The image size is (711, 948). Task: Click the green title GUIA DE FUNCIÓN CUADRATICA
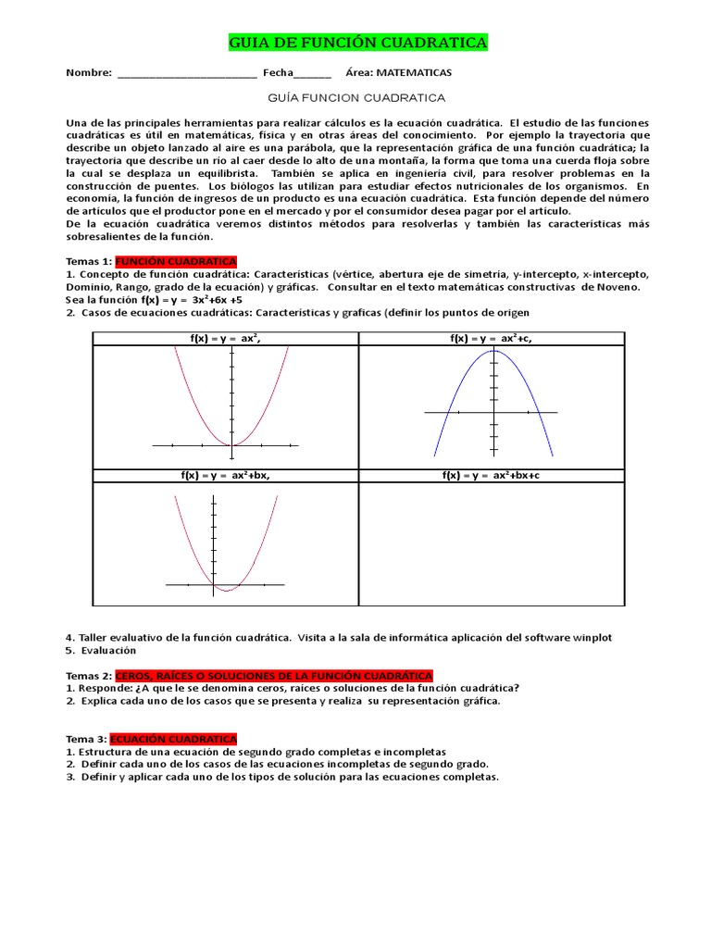click(357, 44)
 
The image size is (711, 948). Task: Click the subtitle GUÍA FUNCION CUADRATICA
click(356, 97)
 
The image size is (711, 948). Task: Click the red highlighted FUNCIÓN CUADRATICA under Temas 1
click(176, 262)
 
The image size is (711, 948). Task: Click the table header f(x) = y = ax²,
click(225, 339)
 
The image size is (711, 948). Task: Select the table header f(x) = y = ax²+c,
click(491, 339)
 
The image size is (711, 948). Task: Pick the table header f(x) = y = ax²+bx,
click(225, 475)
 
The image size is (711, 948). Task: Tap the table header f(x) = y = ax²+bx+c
click(491, 475)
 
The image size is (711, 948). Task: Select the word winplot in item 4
click(592, 638)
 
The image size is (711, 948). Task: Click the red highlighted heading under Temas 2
click(273, 676)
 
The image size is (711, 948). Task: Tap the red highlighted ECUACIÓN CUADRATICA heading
click(173, 739)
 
